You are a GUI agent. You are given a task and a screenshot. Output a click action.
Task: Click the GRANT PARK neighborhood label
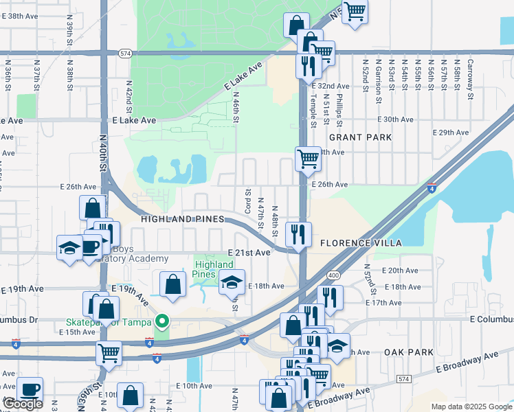click(x=360, y=137)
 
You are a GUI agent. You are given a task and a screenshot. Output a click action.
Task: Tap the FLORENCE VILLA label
click(x=360, y=242)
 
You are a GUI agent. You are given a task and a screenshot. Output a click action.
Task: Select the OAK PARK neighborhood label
click(x=408, y=352)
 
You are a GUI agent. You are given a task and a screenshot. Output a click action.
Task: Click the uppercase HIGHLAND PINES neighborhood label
click(x=183, y=218)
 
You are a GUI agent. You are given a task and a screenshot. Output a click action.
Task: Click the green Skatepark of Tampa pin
click(x=162, y=321)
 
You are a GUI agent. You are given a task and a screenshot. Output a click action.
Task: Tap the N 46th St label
click(x=235, y=108)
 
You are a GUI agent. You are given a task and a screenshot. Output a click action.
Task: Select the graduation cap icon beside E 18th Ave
click(x=232, y=280)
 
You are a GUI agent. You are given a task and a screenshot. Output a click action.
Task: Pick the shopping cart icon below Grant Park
click(x=308, y=159)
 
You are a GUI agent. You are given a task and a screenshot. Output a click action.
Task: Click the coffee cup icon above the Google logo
click(x=30, y=389)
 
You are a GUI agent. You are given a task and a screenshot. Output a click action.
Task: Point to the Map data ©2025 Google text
click(x=471, y=407)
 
